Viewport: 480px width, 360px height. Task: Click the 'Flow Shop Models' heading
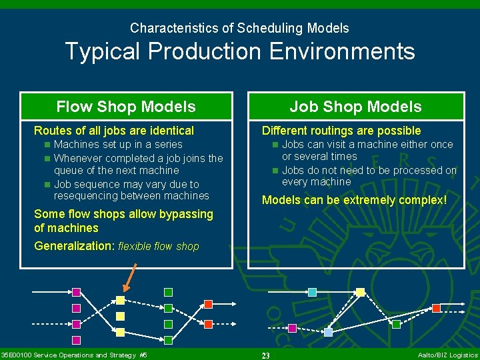pos(126,107)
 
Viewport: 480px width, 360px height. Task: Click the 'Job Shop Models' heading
pos(355,107)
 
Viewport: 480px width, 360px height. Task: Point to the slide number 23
pos(265,356)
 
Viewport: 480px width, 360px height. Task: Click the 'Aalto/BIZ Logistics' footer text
pos(447,355)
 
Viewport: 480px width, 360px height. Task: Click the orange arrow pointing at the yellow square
pos(130,279)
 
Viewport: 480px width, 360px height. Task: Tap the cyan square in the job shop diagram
pos(312,292)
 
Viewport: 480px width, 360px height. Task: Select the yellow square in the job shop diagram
pos(360,292)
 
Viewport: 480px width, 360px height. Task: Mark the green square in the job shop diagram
pos(396,325)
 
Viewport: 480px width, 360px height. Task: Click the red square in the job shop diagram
pos(436,308)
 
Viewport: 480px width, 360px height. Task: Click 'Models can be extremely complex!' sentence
pos(354,200)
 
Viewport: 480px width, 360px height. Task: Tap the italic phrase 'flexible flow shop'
pos(159,247)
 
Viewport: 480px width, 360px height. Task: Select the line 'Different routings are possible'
pos(341,131)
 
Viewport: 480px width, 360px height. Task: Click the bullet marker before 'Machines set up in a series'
pos(47,145)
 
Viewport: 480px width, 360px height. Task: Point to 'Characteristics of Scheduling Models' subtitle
pos(239,28)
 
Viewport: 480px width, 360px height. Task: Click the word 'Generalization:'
pos(75,246)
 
